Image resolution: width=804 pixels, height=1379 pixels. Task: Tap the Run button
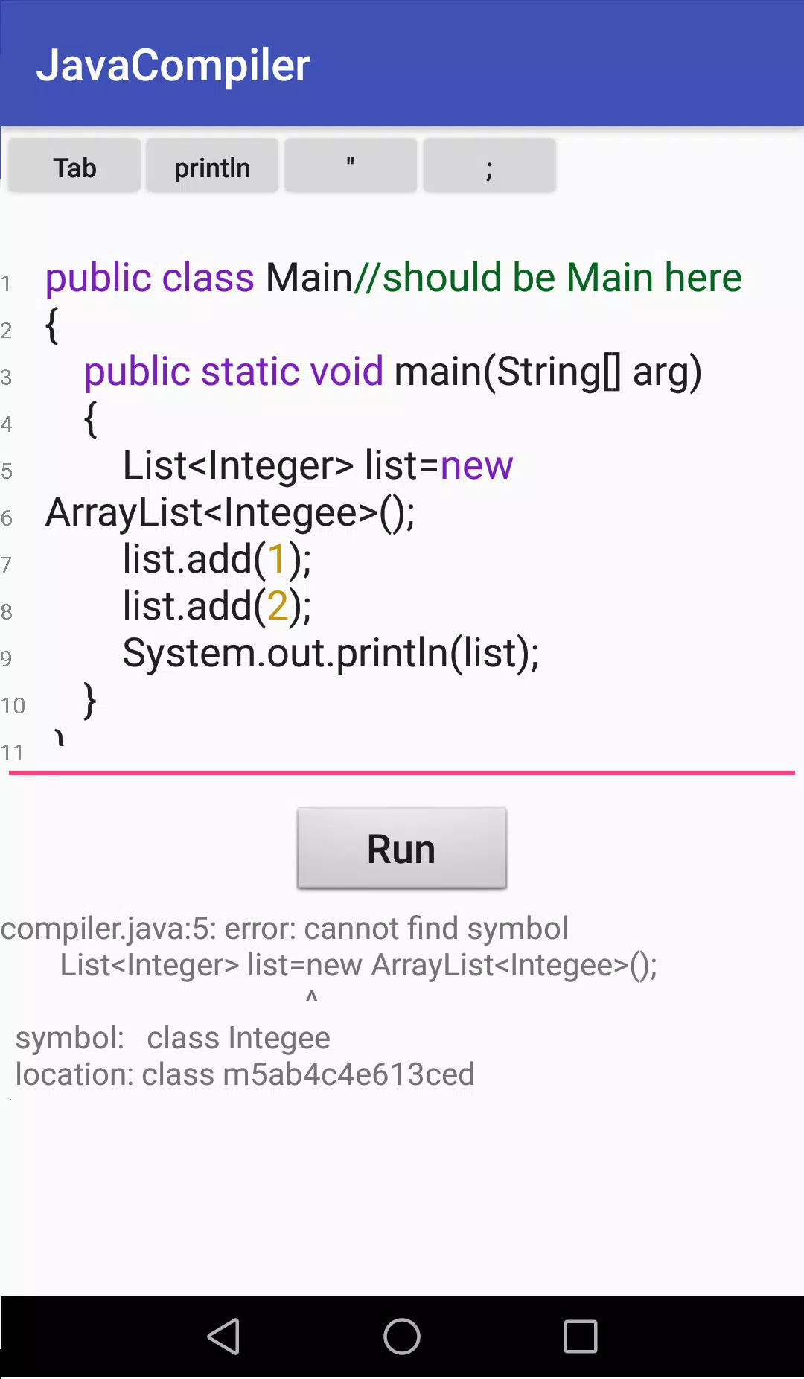pyautogui.click(x=402, y=848)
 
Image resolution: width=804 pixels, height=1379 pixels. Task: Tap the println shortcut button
pyautogui.click(x=212, y=167)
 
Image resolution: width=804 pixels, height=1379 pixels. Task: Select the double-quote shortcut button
pyautogui.click(x=351, y=167)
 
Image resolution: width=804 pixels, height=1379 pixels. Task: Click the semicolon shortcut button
pyautogui.click(x=489, y=167)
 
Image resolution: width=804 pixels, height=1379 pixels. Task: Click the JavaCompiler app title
pyautogui.click(x=173, y=65)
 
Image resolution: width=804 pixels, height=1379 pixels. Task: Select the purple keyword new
pyautogui.click(x=476, y=466)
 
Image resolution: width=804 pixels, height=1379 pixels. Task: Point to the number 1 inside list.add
pyautogui.click(x=277, y=558)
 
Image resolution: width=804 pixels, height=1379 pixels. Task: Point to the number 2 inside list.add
pyautogui.click(x=278, y=605)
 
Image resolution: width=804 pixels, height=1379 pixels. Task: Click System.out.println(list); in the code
pyautogui.click(x=331, y=653)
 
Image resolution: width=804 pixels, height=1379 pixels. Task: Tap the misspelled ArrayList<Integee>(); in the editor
pyautogui.click(x=230, y=512)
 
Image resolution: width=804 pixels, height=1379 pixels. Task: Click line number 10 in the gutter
pyautogui.click(x=13, y=705)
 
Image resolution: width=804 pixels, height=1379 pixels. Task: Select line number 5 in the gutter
pyautogui.click(x=7, y=471)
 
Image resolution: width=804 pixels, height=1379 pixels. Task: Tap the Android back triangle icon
pyautogui.click(x=223, y=1337)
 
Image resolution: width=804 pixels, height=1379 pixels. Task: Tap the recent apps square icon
pyautogui.click(x=581, y=1337)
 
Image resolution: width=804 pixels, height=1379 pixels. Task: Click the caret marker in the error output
pyautogui.click(x=312, y=996)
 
